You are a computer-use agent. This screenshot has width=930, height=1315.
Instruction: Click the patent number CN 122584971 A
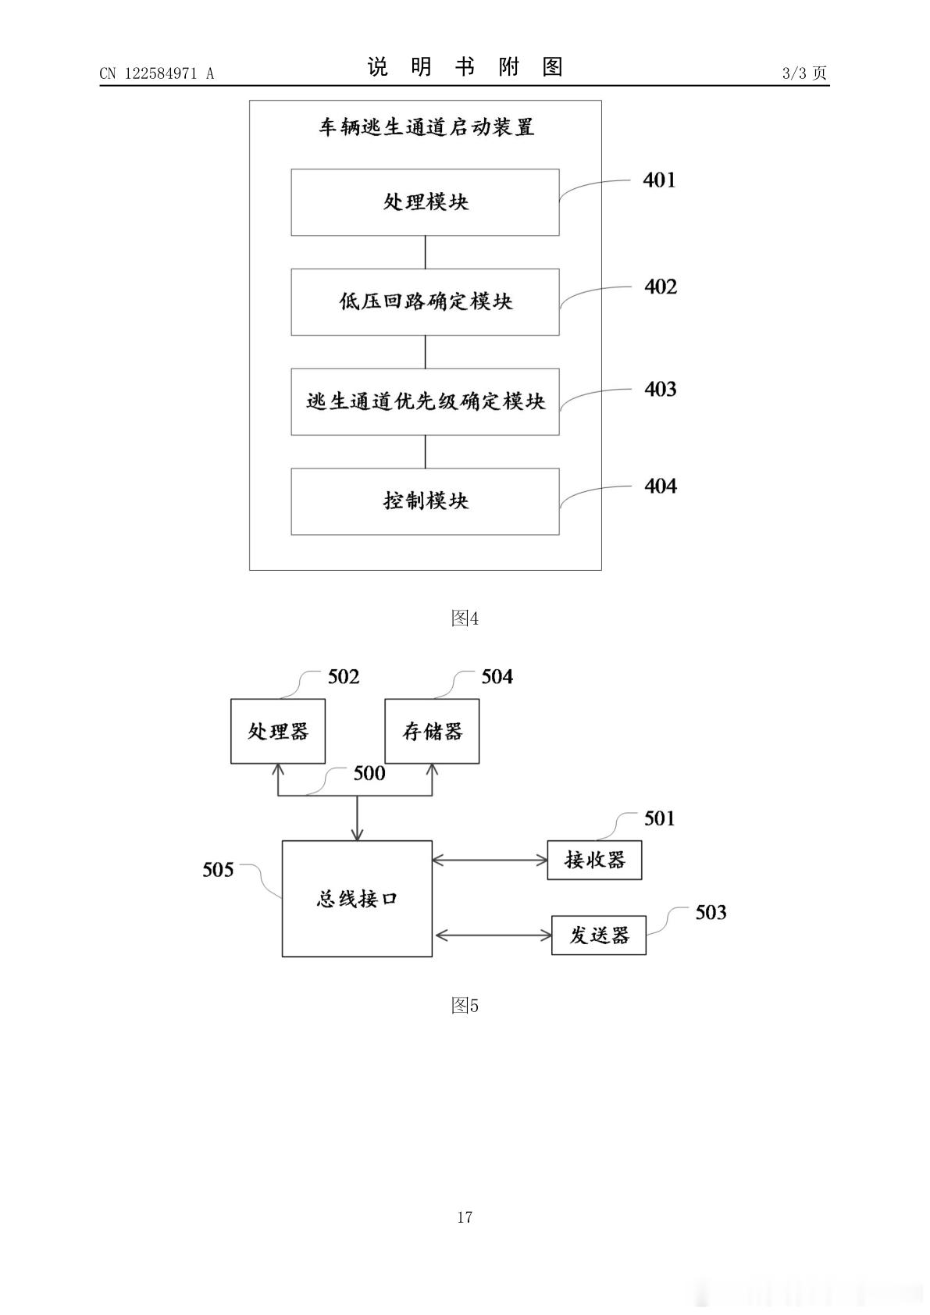click(157, 73)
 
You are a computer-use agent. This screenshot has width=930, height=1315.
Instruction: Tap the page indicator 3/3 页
click(804, 73)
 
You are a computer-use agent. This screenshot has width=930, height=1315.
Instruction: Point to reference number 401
click(659, 180)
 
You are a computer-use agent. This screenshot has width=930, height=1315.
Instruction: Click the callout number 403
click(661, 389)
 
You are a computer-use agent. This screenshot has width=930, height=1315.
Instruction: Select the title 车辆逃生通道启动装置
click(427, 127)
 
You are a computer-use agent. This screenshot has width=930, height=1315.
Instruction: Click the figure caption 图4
click(465, 618)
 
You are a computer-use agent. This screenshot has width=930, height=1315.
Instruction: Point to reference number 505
click(218, 870)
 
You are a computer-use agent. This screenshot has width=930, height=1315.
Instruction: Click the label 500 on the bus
click(369, 774)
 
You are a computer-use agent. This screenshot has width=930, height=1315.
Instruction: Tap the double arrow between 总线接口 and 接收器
click(490, 861)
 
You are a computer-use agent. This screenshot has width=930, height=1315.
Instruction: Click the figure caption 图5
click(465, 1006)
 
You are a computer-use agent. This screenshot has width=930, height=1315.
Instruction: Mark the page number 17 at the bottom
click(465, 1217)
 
